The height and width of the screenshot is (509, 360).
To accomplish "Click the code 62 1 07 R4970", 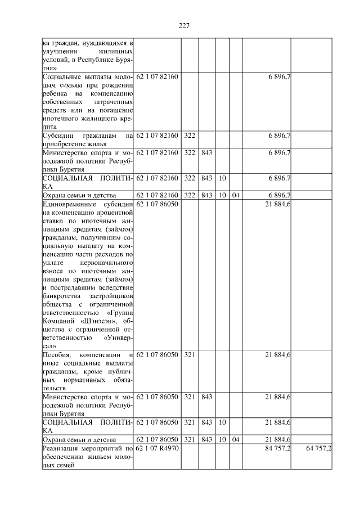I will pos(157,448).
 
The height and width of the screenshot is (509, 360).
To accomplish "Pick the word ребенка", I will pos(55,93).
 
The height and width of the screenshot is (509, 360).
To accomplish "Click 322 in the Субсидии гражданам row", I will pos(190,136).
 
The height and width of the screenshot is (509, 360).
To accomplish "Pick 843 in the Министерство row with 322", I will pos(206,152).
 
